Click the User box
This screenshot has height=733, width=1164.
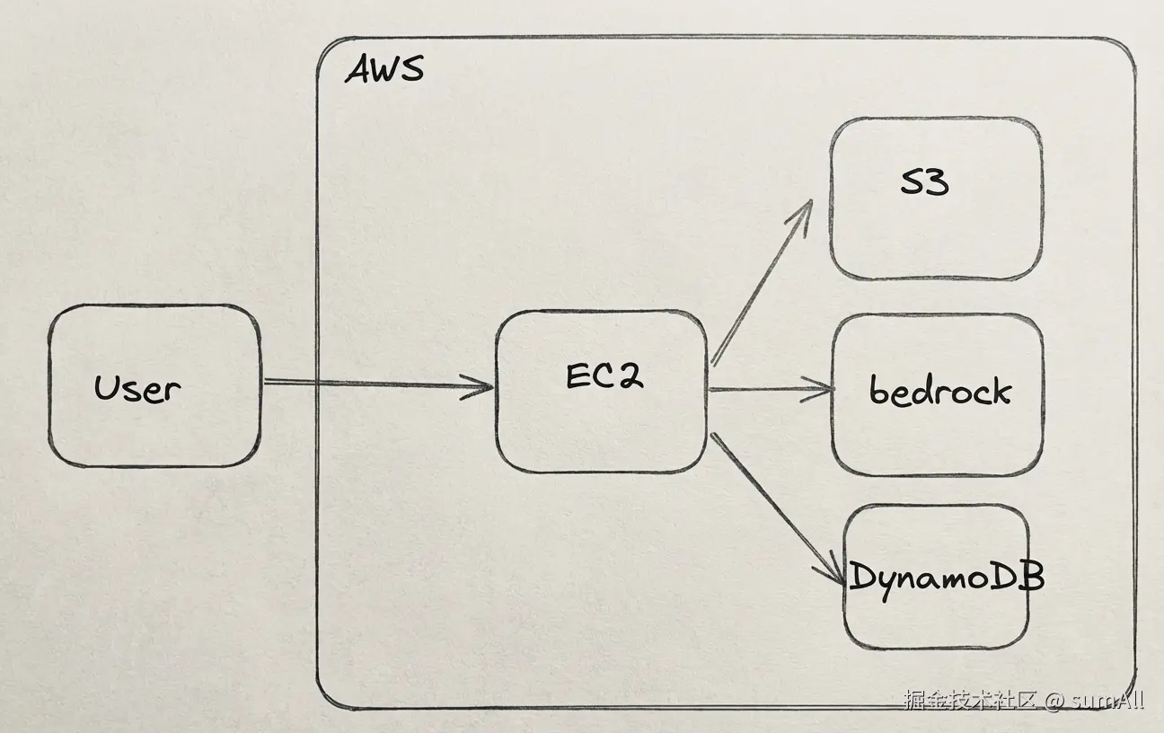(x=154, y=386)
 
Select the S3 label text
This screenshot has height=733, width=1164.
(x=924, y=183)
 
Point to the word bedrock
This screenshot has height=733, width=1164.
(x=939, y=392)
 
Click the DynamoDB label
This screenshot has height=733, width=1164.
(x=946, y=577)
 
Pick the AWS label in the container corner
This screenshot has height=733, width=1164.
(x=384, y=69)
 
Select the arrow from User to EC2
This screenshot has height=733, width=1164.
(x=377, y=385)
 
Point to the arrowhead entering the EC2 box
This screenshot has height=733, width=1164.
(x=483, y=388)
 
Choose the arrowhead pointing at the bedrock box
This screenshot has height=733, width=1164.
(x=823, y=392)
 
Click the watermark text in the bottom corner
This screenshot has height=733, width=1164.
(x=1024, y=701)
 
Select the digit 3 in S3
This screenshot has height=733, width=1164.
(x=936, y=183)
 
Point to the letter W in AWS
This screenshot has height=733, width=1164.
(x=384, y=69)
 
